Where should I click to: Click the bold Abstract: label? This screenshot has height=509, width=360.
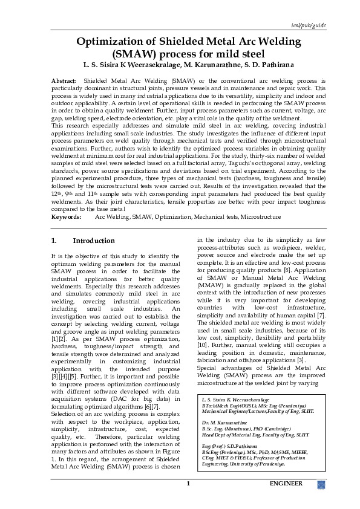click(64, 80)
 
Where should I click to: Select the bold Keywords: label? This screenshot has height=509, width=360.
click(67, 216)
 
